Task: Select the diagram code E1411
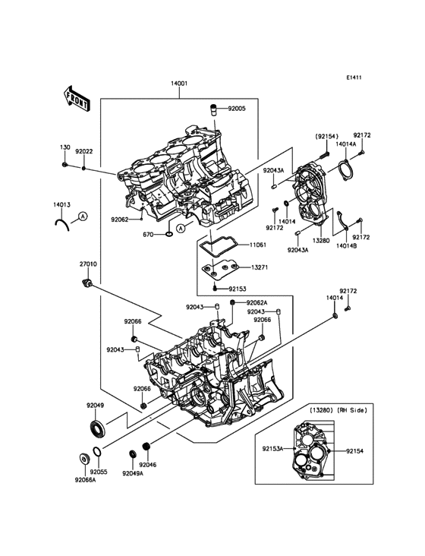pyautogui.click(x=354, y=77)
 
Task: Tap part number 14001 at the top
pyautogui.click(x=179, y=84)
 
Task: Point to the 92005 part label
pyautogui.click(x=237, y=109)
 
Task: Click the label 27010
pyautogui.click(x=88, y=264)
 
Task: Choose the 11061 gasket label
pyautogui.click(x=258, y=245)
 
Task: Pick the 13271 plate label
pyautogui.click(x=260, y=267)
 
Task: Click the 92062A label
pyautogui.click(x=257, y=302)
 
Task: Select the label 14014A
pyautogui.click(x=345, y=144)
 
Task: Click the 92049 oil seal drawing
pyautogui.click(x=96, y=428)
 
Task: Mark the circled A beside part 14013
pyautogui.click(x=83, y=216)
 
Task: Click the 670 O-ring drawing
pyautogui.click(x=169, y=234)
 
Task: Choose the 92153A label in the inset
pyautogui.click(x=272, y=449)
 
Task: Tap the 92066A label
pyautogui.click(x=85, y=480)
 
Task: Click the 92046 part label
pyautogui.click(x=148, y=465)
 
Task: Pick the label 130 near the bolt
pyautogui.click(x=65, y=147)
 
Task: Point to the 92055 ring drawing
pyautogui.click(x=96, y=452)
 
